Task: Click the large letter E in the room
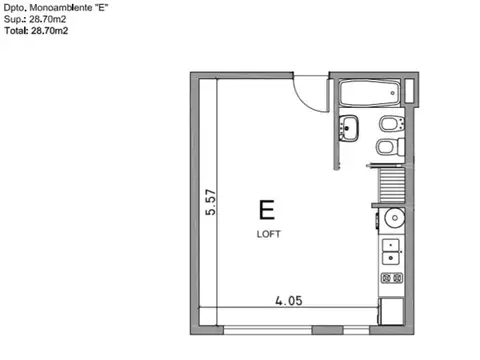click(267, 211)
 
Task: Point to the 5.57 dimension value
click(210, 203)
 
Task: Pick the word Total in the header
click(15, 31)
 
